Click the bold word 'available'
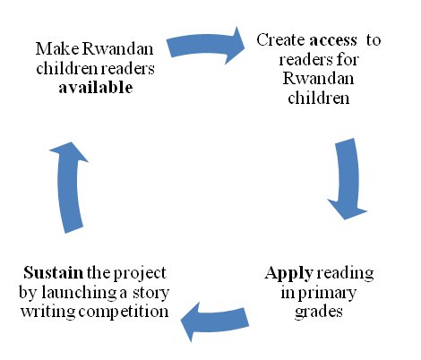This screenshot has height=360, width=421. (x=96, y=88)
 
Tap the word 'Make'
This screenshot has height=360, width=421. (x=57, y=48)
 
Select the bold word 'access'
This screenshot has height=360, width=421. (x=333, y=40)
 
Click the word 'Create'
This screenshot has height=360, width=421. (x=280, y=39)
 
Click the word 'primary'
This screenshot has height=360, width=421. (x=327, y=294)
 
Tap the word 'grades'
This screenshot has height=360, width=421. (x=319, y=312)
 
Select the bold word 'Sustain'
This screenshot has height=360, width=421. (x=54, y=272)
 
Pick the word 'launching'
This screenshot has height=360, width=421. (x=79, y=294)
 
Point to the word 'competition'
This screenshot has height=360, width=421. (x=124, y=313)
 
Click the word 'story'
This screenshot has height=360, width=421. (x=151, y=294)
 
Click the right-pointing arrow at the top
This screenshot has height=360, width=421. (x=206, y=45)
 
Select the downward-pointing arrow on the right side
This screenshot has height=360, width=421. (x=348, y=178)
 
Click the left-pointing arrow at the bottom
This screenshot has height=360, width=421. (x=215, y=321)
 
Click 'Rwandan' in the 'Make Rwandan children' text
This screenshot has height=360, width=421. (x=117, y=48)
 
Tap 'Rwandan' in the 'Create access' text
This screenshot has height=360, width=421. (x=318, y=79)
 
